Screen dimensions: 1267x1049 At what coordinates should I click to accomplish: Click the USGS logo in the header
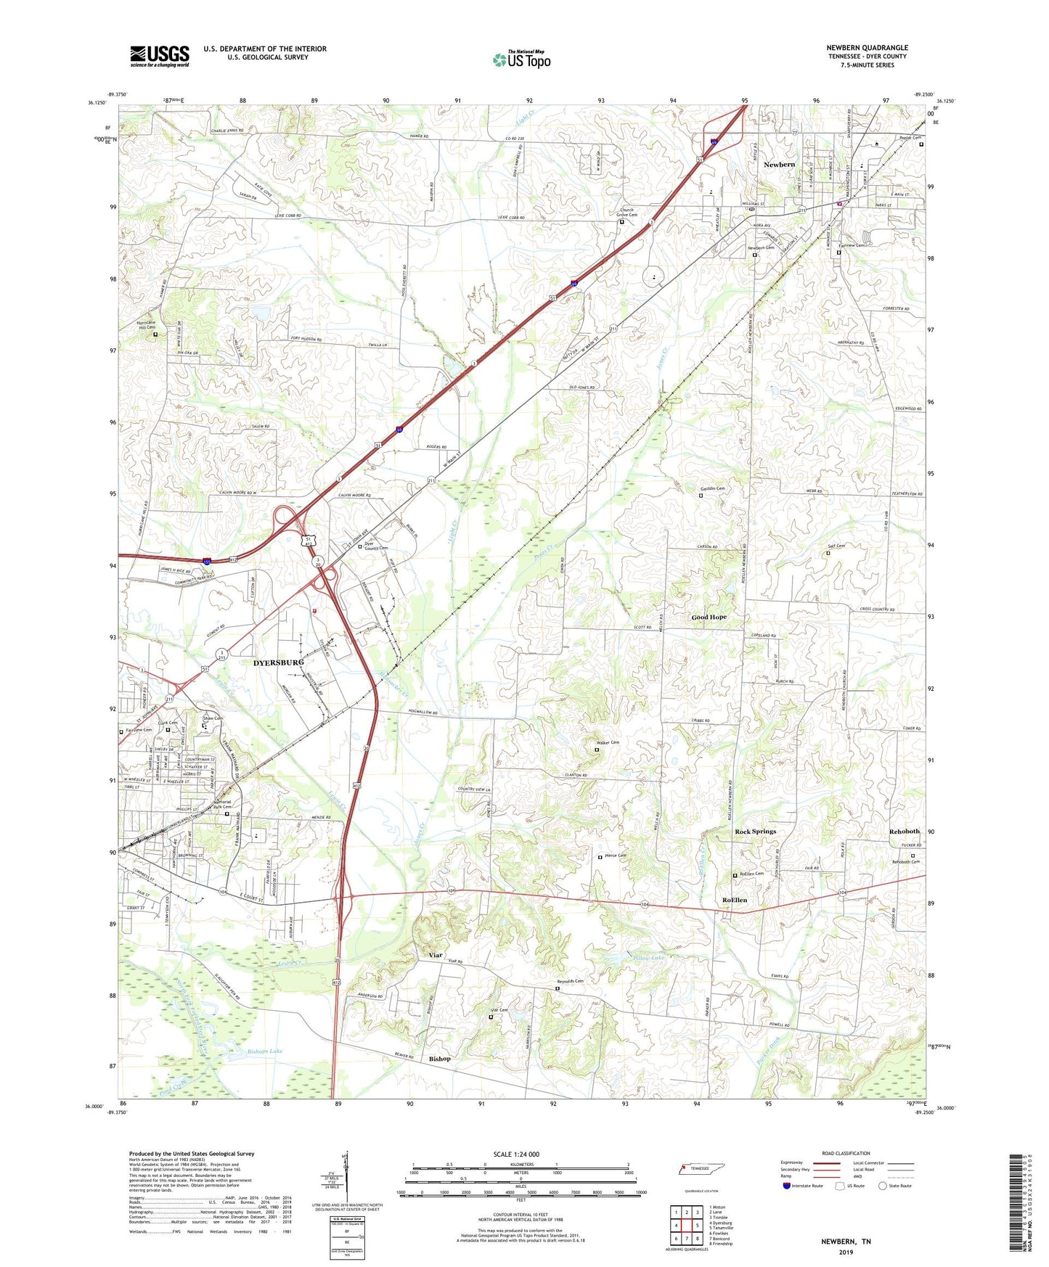click(160, 56)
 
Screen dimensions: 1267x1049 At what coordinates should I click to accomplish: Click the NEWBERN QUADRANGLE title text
click(867, 48)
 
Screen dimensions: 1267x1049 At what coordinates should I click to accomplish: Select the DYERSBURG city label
click(278, 663)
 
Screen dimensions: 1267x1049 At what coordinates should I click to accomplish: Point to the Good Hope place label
click(709, 617)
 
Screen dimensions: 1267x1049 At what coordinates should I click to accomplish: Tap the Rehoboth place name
click(905, 832)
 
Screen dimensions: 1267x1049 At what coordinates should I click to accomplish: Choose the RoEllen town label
click(735, 900)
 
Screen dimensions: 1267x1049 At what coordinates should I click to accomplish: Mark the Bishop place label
click(439, 1059)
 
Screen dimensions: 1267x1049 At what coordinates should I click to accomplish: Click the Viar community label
click(436, 955)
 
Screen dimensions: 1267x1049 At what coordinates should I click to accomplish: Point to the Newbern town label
click(779, 165)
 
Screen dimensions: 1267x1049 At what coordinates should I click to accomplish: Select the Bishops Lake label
click(265, 1051)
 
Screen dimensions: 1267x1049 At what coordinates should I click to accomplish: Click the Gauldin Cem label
click(712, 488)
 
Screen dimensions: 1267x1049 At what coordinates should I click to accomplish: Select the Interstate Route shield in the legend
click(787, 1187)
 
